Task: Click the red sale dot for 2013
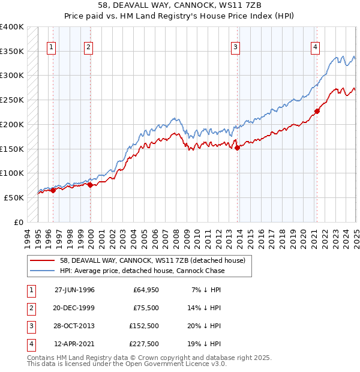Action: pos(237,148)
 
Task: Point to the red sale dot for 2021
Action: pos(317,111)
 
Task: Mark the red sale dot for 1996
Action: pos(53,190)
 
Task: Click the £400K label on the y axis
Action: pos(12,27)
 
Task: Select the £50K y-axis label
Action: pos(14,197)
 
